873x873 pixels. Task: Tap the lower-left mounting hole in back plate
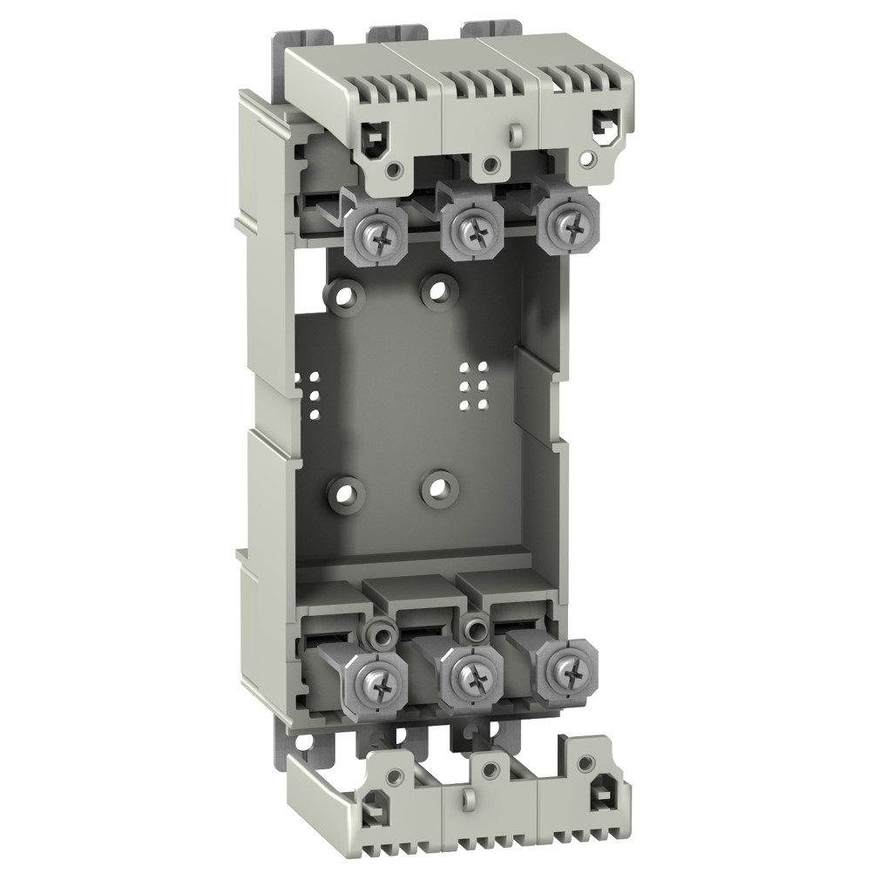tap(347, 494)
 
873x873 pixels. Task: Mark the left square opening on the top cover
tap(374, 134)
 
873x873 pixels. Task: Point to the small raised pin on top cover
tap(515, 132)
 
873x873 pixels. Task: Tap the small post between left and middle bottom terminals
tap(376, 631)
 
